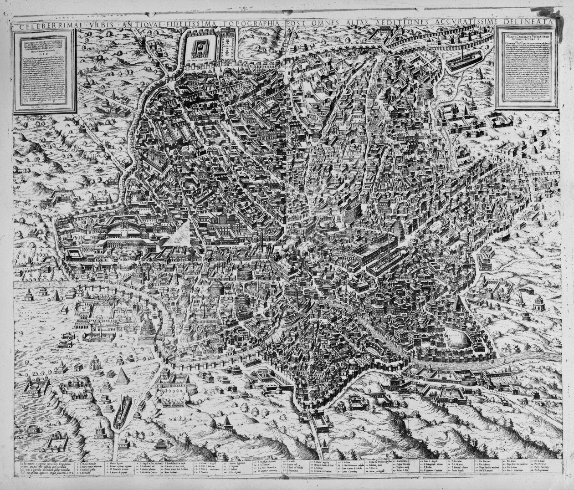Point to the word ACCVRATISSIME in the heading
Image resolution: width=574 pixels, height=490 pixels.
458,23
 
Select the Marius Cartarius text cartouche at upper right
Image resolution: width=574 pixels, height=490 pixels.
527,68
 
